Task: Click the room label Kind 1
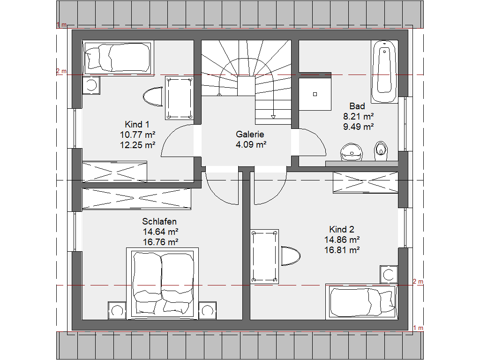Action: tap(137, 125)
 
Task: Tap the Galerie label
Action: tap(250, 135)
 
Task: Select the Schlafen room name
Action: tap(159, 221)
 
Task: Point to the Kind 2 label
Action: tap(342, 229)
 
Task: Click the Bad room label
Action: tap(357, 106)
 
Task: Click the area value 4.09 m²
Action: tap(251, 144)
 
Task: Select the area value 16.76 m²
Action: tap(160, 242)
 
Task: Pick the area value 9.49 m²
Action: tap(358, 127)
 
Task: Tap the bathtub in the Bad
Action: tap(384, 72)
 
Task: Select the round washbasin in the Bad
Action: tap(352, 152)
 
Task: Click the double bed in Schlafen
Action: tap(163, 284)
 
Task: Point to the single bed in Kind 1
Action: tap(118, 58)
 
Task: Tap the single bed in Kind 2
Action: tap(362, 302)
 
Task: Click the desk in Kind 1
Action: tap(179, 98)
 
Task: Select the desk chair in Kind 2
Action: tap(291, 255)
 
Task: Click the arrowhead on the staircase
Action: tap(273, 117)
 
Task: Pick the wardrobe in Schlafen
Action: tap(136, 199)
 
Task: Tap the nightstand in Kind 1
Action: tap(91, 85)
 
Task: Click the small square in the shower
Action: tap(315, 94)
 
